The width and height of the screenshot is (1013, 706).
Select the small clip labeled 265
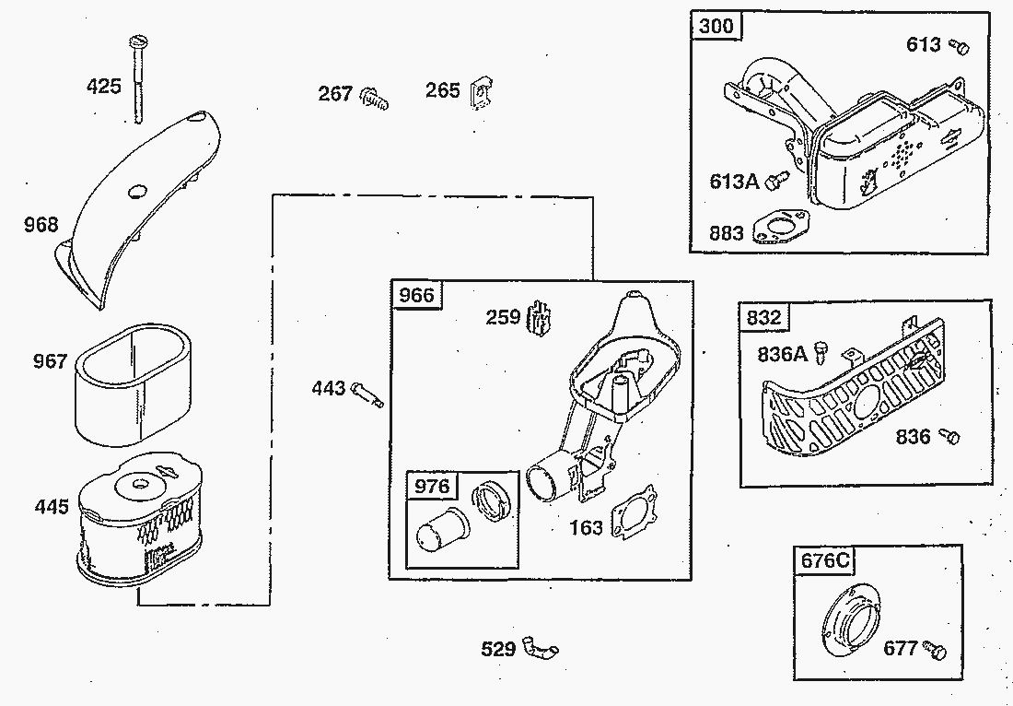pos(481,94)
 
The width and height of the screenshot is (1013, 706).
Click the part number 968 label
pos(41,225)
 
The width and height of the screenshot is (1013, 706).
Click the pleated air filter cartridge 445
pos(140,519)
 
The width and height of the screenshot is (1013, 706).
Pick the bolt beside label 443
pos(367,394)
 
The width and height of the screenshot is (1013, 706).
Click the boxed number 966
pos(416,296)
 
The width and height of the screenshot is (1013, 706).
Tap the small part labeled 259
pos(540,318)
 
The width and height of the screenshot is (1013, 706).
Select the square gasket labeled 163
pos(634,512)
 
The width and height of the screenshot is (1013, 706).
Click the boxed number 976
pos(432,486)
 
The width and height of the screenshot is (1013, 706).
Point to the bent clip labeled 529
pos(540,648)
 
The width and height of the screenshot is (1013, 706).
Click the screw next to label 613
pos(960,46)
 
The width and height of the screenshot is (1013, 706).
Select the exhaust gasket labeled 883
pos(780,228)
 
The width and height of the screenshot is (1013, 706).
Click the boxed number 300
pos(717,26)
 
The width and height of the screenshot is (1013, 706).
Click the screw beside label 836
pos(949,436)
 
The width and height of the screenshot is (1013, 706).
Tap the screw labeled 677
pos(934,649)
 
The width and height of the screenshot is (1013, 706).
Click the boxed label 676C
pos(824,559)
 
